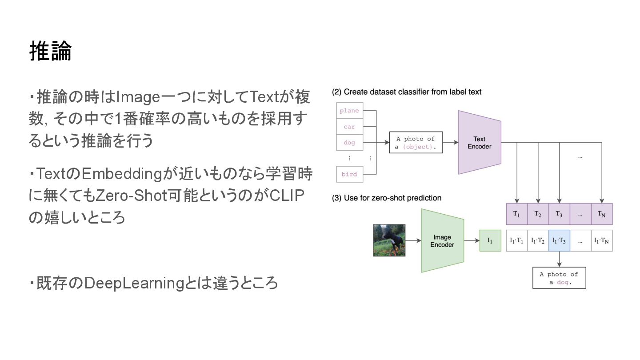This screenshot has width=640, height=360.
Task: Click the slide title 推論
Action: pos(50,51)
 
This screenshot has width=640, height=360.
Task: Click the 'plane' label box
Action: pos(349,111)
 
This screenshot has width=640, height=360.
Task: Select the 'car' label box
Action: pos(349,127)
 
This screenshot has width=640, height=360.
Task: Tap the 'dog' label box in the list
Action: pos(349,143)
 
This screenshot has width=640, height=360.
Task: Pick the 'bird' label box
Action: pos(349,174)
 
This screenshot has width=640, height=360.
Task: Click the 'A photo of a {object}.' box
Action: pos(416,143)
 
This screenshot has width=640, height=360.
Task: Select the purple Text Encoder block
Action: pos(480,143)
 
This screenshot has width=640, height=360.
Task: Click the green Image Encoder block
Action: pos(442,241)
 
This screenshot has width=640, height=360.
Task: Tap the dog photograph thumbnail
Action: pos(389,240)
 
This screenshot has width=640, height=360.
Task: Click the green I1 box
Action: pos(490,241)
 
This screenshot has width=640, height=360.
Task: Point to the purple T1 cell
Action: pos(516,214)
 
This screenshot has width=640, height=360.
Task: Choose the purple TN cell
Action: pos(601,214)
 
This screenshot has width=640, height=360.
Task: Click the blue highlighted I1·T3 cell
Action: pos(559,241)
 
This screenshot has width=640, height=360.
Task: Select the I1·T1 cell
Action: pos(516,241)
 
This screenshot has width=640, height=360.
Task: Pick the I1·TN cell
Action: pos(601,241)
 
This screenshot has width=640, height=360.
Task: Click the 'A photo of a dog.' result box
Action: pos(559,278)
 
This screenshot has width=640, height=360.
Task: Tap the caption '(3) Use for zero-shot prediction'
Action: pos(387,198)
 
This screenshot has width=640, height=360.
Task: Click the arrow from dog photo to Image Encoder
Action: pos(413,241)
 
